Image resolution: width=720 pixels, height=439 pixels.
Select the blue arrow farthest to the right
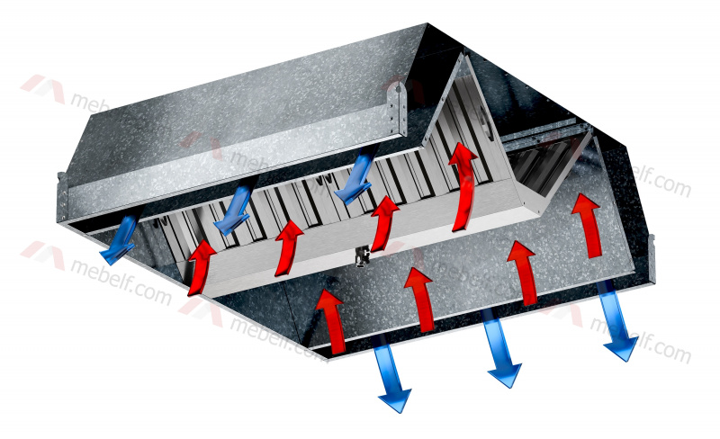(x=617, y=320)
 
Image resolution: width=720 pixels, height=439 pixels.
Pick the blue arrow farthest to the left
(x=120, y=238)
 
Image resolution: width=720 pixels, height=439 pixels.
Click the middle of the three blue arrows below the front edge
(x=502, y=348)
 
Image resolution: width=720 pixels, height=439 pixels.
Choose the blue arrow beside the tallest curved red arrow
(x=356, y=175)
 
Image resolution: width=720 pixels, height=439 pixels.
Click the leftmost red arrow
(x=201, y=267)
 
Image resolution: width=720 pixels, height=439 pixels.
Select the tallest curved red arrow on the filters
(x=463, y=186)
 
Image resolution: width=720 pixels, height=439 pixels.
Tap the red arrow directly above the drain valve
(x=384, y=223)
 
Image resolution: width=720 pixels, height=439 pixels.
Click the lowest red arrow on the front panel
(x=330, y=321)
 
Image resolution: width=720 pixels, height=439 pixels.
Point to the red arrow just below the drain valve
(x=419, y=299)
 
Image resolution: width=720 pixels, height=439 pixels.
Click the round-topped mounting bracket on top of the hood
(x=397, y=109)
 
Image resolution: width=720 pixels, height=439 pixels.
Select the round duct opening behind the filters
(x=485, y=121)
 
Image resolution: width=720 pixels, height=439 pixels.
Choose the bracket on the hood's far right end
(x=652, y=258)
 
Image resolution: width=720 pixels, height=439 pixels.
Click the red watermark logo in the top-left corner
(x=43, y=88)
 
